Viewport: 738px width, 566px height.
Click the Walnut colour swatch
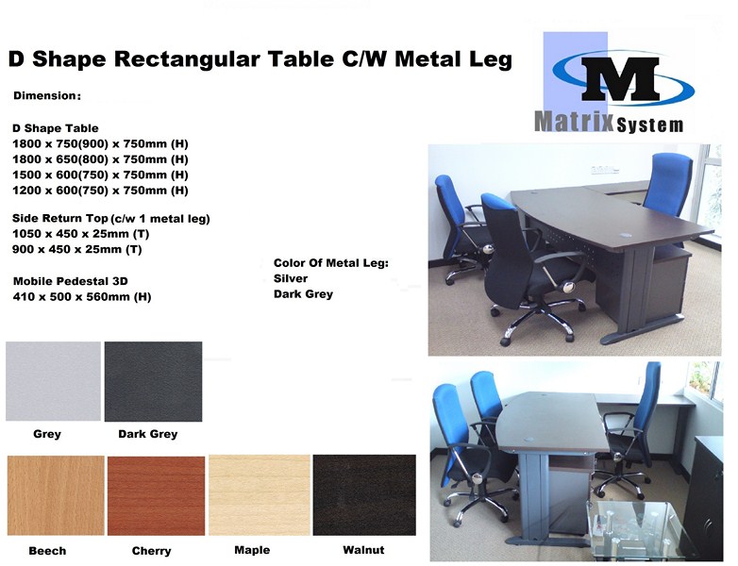[364, 495]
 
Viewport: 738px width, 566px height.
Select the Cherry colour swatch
[157, 495]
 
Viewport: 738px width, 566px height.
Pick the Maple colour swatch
[260, 495]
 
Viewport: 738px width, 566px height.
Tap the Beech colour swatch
[56, 495]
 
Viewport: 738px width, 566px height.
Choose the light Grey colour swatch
[53, 381]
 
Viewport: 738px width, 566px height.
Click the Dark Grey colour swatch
[154, 381]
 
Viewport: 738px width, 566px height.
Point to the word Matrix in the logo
[574, 122]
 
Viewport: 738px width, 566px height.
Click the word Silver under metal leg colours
[291, 278]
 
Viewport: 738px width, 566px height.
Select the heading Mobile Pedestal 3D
[70, 281]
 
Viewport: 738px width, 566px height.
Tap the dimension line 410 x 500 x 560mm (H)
[82, 297]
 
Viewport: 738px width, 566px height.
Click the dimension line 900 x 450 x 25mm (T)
[76, 249]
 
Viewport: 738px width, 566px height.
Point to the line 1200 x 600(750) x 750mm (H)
[100, 191]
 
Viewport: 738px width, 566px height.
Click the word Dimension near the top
[44, 96]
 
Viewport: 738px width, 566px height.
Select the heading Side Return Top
[60, 218]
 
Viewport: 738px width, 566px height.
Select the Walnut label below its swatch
[363, 550]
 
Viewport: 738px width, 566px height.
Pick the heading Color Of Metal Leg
[331, 263]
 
